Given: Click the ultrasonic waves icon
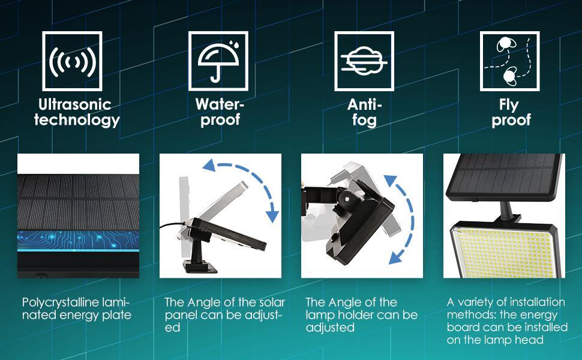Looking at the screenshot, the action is click(72, 61).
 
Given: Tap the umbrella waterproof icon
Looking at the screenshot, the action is click(218, 61).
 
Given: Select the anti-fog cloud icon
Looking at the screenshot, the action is click(364, 61).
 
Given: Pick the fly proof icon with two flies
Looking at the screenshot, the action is click(509, 61).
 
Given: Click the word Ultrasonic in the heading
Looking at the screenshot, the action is click(74, 104).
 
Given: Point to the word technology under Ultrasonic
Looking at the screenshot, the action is click(77, 120).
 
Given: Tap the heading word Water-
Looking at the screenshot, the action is click(220, 104).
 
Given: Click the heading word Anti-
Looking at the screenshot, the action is click(364, 104).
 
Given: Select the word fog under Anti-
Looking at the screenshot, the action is click(364, 120).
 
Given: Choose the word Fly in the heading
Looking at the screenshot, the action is click(509, 105).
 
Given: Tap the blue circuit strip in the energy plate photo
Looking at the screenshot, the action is click(78, 240).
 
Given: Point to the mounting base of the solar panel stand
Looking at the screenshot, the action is click(200, 266).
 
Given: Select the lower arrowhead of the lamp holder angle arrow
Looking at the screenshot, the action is click(396, 257).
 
